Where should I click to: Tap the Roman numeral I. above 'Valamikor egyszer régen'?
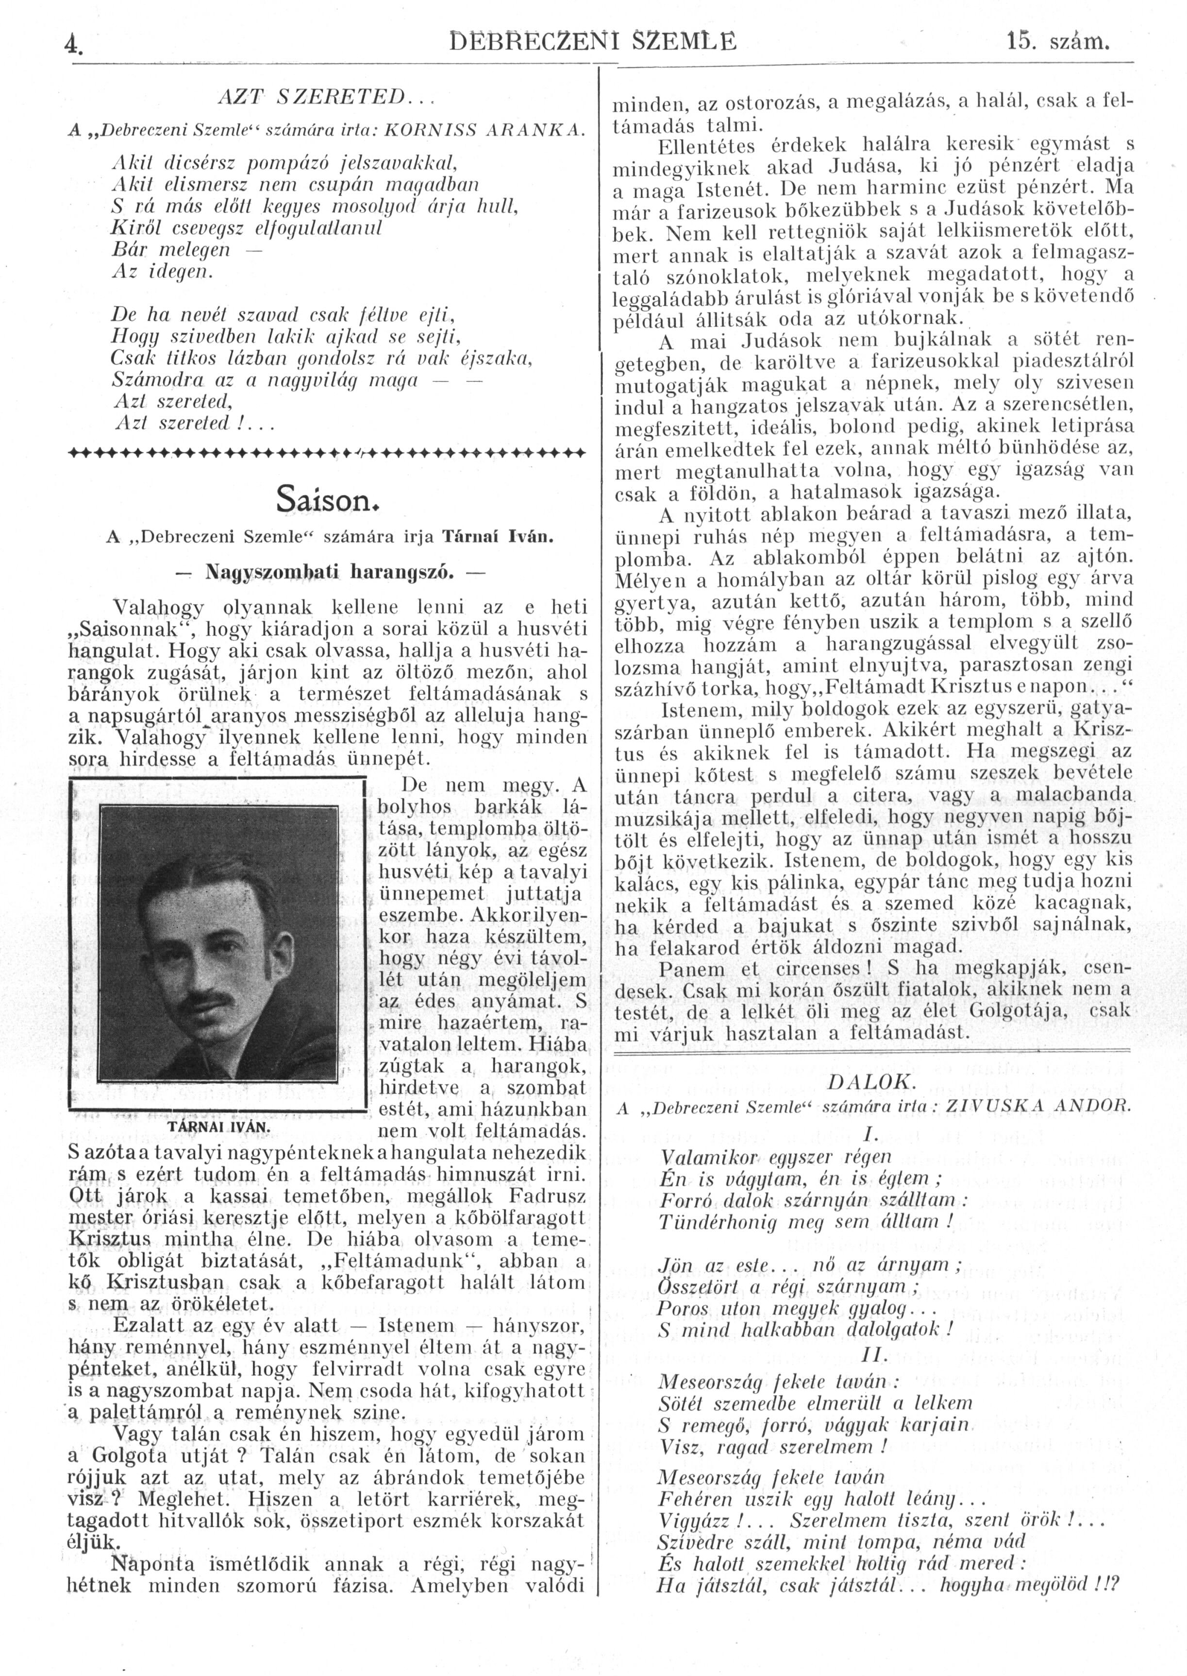pyautogui.click(x=870, y=1134)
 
